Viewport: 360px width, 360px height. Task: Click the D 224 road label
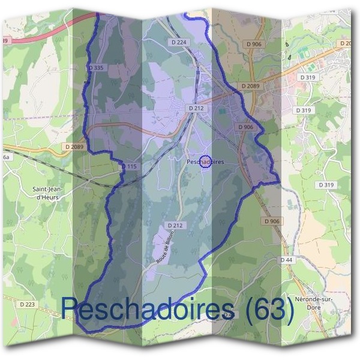pos(179,42)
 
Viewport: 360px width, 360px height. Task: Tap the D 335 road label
pos(96,68)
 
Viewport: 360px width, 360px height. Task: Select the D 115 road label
pos(129,166)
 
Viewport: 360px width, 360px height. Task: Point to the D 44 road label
pos(286,260)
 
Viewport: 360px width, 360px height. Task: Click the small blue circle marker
pos(205,162)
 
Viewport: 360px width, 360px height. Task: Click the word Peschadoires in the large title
pos(148,310)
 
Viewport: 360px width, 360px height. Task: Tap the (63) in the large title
pos(268,310)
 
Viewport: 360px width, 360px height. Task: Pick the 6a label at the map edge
pos(6,157)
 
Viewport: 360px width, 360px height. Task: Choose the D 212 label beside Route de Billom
pos(175,225)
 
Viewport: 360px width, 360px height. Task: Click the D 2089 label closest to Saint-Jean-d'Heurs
pos(76,146)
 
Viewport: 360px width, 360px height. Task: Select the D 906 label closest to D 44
pos(271,221)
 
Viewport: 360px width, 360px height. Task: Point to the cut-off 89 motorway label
pos(5,40)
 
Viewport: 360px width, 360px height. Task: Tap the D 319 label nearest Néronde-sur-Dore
pos(326,185)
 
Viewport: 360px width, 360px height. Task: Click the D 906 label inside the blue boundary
pos(245,127)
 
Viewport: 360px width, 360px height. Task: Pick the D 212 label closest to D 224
pos(196,108)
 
